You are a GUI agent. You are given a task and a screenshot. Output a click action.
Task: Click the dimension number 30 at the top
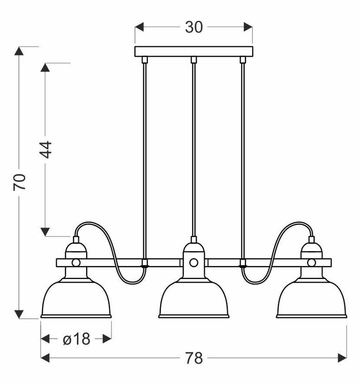click(194, 27)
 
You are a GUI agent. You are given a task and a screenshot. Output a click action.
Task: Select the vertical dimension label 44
click(46, 149)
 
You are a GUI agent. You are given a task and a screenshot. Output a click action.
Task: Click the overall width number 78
click(194, 359)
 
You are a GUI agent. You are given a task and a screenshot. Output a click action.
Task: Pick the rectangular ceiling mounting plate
click(194, 51)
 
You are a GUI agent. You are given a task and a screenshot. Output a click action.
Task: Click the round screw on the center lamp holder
click(194, 262)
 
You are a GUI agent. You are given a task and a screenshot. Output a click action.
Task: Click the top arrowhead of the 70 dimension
click(19, 51)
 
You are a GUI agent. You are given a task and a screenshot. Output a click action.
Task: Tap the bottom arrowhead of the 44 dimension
click(45, 232)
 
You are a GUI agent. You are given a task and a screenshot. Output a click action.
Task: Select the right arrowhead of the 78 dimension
click(342, 359)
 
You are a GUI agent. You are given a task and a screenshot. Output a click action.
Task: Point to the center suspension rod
click(194, 149)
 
